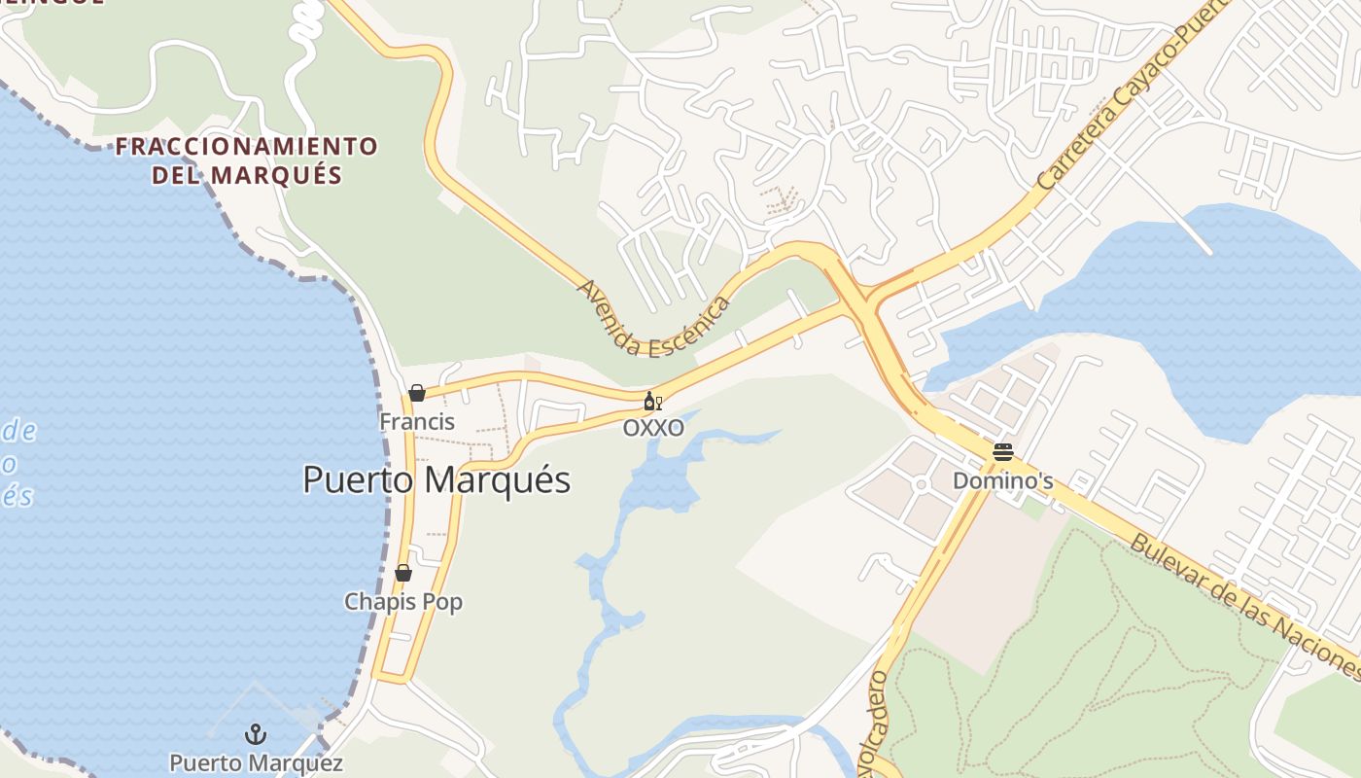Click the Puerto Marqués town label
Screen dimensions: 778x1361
436,479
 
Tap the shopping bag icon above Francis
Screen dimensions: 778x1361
417,393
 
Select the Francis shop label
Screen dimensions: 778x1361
417,422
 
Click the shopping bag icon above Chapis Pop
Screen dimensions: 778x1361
403,573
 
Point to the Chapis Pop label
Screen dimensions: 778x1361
403,602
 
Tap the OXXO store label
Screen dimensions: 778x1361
653,428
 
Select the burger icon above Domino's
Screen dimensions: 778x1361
1003,452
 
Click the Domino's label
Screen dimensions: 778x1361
1003,481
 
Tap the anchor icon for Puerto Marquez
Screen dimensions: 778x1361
256,734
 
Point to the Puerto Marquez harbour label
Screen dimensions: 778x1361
256,763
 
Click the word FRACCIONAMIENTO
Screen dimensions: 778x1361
247,147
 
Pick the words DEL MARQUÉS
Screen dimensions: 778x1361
247,176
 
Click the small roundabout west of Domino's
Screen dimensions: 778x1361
921,483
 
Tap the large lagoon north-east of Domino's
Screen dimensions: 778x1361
1196,311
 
